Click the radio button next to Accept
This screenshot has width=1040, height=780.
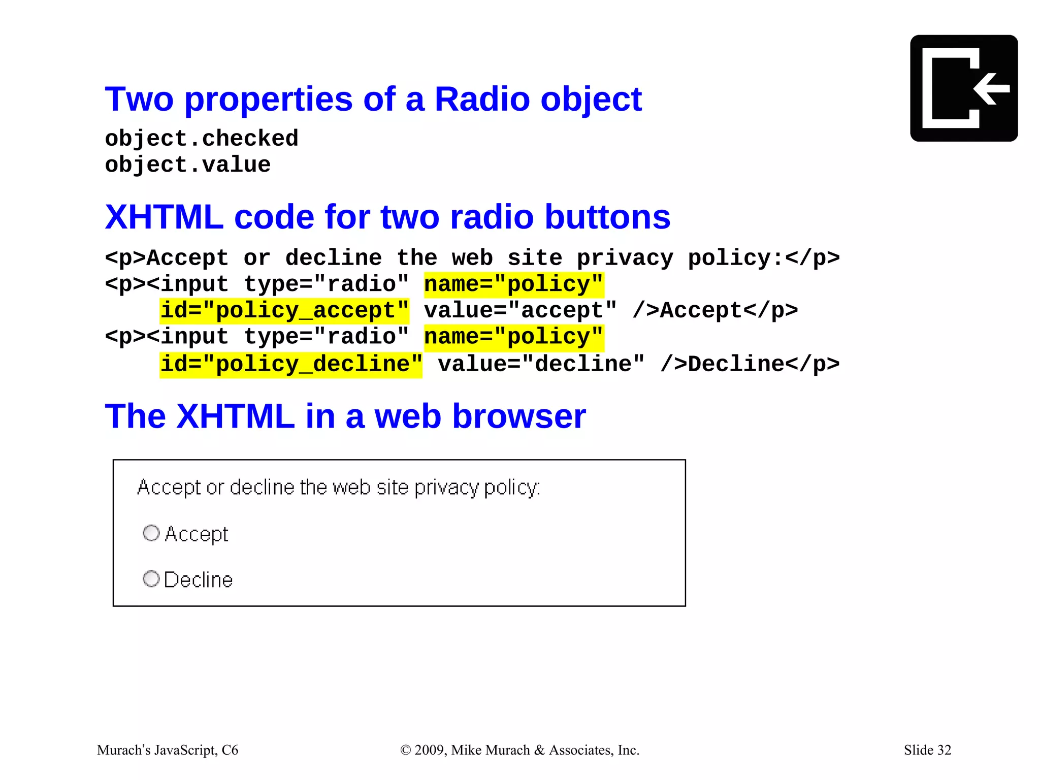point(151,533)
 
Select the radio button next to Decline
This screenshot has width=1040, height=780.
point(151,578)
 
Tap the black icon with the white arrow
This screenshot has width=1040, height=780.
point(963,88)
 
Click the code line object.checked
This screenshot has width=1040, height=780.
point(202,138)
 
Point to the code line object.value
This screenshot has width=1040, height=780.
point(188,165)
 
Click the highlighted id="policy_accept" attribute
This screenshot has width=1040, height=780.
point(284,310)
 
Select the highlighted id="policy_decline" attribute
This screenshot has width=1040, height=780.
point(291,364)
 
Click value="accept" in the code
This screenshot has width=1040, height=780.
point(521,310)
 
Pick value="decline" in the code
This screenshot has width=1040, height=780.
point(541,364)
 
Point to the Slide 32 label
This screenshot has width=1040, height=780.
point(927,750)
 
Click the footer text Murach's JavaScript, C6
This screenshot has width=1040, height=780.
point(168,750)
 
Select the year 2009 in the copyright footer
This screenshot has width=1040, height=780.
point(431,750)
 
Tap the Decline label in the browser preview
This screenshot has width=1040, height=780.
point(198,579)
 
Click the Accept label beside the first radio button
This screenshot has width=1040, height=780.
point(197,534)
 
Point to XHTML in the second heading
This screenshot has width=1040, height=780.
point(164,217)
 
